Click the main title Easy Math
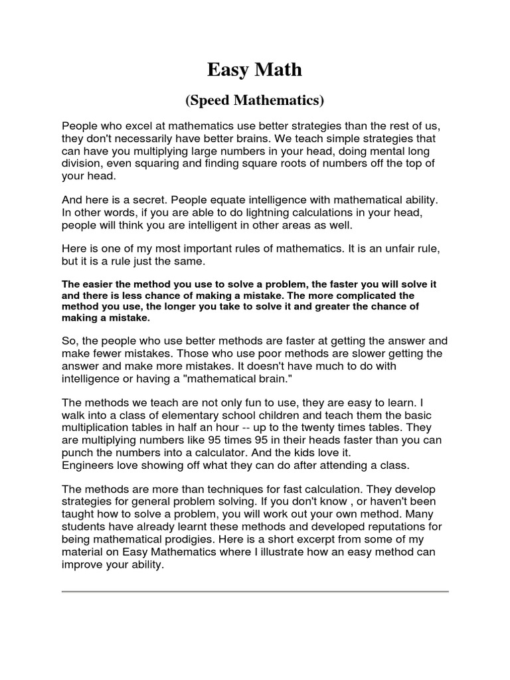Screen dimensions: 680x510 pyautogui.click(x=255, y=69)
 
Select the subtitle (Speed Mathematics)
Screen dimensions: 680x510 pyautogui.click(x=255, y=101)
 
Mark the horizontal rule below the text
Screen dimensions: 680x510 pyautogui.click(x=255, y=590)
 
